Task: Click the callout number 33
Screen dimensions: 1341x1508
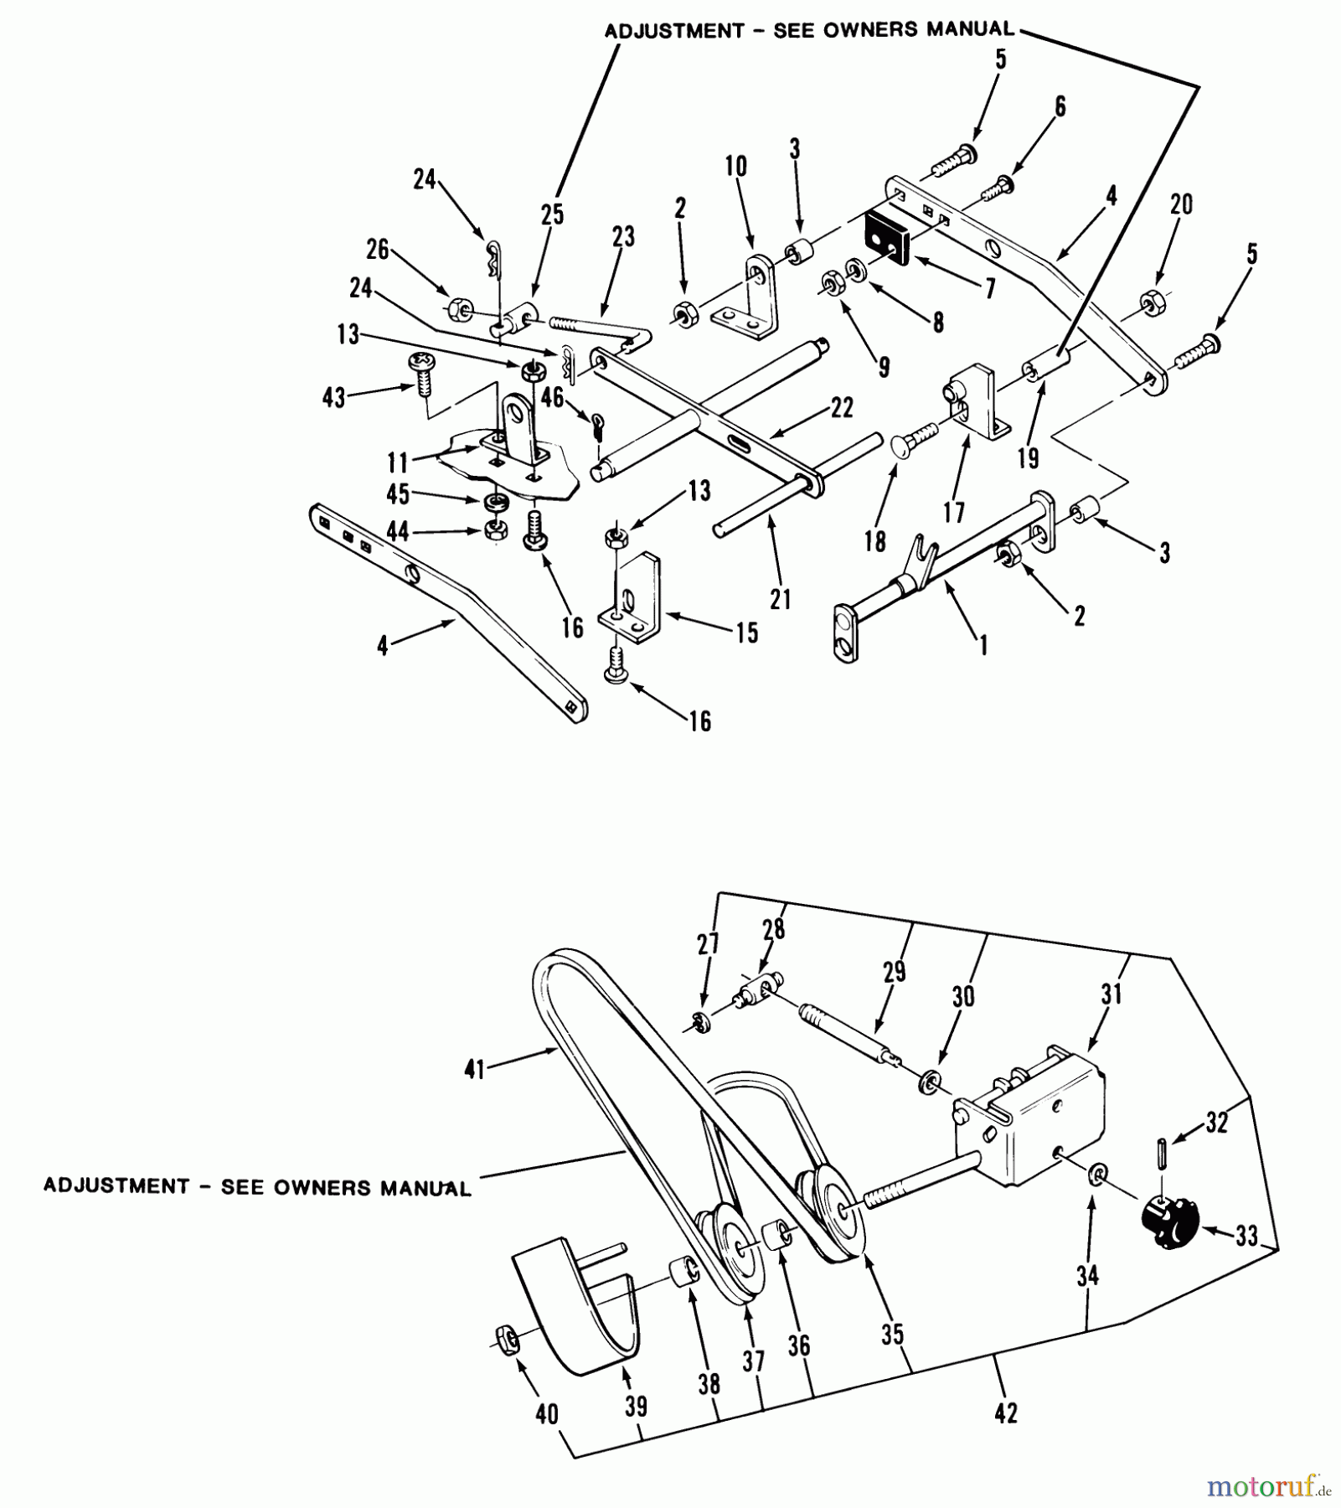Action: coord(1247,1237)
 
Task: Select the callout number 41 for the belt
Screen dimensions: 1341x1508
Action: coord(475,1070)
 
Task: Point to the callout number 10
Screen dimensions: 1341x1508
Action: coord(735,166)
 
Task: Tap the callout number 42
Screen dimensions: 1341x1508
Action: coord(1006,1412)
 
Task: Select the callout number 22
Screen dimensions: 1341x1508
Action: coord(842,407)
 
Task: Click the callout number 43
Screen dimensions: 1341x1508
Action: coord(334,397)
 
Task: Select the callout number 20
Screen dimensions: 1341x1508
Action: coord(1182,204)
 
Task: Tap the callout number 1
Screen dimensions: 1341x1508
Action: coord(983,644)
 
